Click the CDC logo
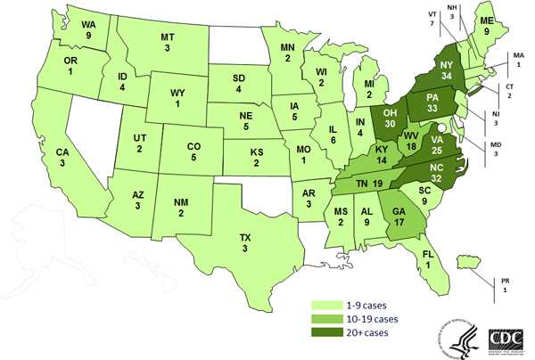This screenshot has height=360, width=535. tap(508, 340)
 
